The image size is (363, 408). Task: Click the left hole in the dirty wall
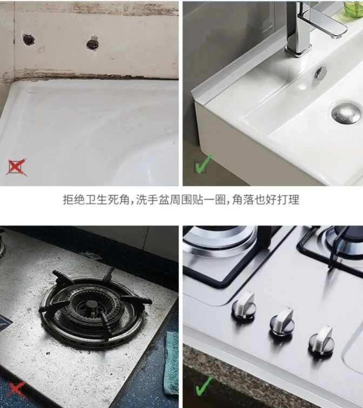(x=28, y=39)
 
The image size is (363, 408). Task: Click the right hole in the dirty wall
(x=93, y=43)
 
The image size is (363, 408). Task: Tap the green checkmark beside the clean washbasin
(x=203, y=164)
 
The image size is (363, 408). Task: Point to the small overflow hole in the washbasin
(x=321, y=73)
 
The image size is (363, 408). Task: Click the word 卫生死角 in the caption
(x=108, y=200)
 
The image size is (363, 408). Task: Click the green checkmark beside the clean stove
(x=203, y=387)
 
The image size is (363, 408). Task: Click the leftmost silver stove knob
(x=244, y=306)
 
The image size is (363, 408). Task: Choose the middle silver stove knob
(x=281, y=322)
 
